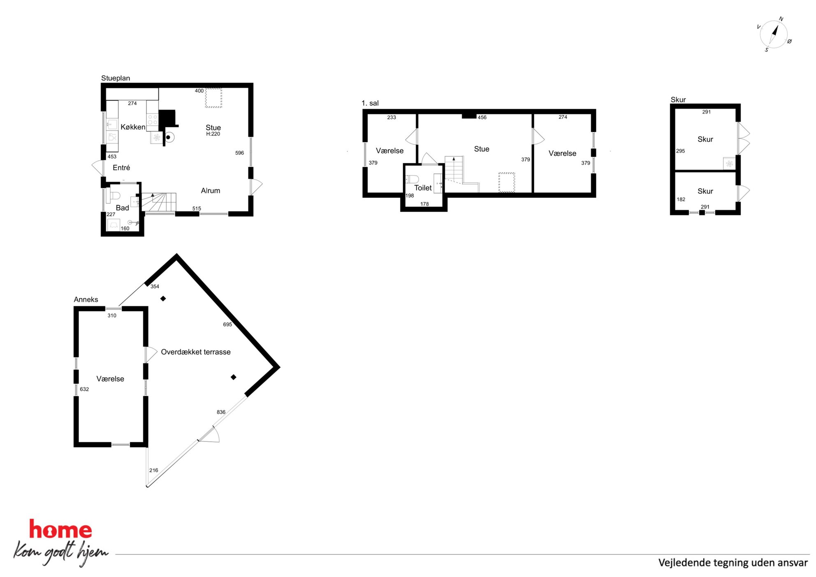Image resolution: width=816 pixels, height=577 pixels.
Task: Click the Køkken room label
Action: (133, 127)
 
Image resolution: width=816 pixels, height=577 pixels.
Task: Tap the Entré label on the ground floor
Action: (121, 168)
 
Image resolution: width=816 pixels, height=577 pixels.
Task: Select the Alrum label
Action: (211, 191)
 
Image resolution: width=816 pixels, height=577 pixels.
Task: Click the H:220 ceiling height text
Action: (213, 134)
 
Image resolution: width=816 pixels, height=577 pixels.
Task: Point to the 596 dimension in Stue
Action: (239, 153)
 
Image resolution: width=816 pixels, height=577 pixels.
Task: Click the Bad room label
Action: (122, 208)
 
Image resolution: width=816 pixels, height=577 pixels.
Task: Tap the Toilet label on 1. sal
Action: (423, 188)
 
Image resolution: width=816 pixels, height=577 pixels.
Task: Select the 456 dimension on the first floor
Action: (482, 118)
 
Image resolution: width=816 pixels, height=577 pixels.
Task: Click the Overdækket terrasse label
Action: (196, 352)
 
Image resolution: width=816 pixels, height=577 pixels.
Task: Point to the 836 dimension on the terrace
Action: (221, 412)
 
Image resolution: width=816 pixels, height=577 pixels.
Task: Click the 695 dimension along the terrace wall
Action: (227, 324)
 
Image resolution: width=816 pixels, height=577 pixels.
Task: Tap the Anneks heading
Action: (86, 299)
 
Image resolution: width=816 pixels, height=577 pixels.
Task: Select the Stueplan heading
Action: (116, 78)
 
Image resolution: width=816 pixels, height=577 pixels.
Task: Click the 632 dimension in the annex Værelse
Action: (84, 389)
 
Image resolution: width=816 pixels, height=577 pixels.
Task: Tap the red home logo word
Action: (60, 529)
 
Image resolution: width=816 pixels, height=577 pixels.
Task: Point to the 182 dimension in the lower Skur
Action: (681, 199)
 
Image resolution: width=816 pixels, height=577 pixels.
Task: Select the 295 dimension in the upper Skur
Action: (681, 151)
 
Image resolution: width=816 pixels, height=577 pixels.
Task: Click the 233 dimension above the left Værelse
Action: (392, 118)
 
